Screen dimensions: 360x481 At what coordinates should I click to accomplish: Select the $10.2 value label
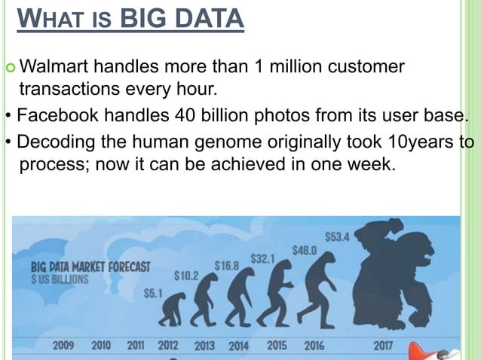pyautogui.click(x=185, y=276)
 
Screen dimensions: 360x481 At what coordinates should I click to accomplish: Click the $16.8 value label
pyautogui.click(x=227, y=265)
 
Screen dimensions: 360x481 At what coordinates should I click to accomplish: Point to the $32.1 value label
pyautogui.click(x=263, y=258)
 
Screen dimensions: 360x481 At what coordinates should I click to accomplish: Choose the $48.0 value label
pyautogui.click(x=305, y=250)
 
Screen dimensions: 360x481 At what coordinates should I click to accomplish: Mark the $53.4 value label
pyautogui.click(x=336, y=236)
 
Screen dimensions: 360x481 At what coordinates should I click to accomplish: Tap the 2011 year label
pyautogui.click(x=136, y=346)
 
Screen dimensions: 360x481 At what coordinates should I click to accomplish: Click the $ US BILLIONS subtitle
pyautogui.click(x=59, y=279)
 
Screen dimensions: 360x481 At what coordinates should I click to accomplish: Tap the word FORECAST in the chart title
pyautogui.click(x=124, y=267)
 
